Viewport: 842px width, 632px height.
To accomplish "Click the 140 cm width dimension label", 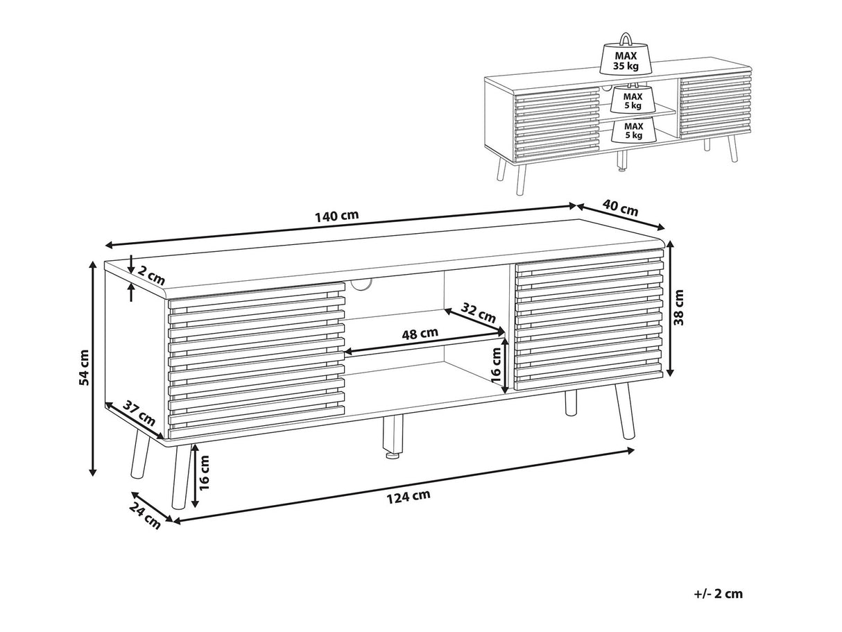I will click(337, 215).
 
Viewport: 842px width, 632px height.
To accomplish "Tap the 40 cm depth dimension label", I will click(619, 207).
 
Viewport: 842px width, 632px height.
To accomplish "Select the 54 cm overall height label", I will click(84, 368).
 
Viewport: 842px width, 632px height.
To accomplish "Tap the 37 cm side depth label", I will click(139, 413).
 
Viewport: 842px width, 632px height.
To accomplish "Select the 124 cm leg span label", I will click(409, 495).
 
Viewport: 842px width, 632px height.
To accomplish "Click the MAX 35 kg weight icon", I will click(624, 57).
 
